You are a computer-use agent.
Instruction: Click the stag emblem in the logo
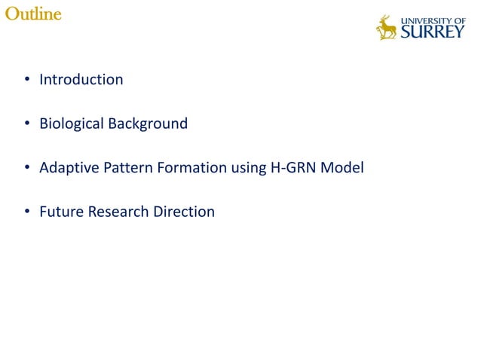387,28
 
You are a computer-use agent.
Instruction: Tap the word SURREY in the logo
432,32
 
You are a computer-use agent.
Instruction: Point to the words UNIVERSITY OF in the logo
433,20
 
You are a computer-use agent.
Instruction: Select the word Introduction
81,79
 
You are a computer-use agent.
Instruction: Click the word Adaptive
68,167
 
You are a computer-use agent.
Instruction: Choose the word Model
342,167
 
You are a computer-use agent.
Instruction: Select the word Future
62,212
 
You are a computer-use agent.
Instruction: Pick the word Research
118,212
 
